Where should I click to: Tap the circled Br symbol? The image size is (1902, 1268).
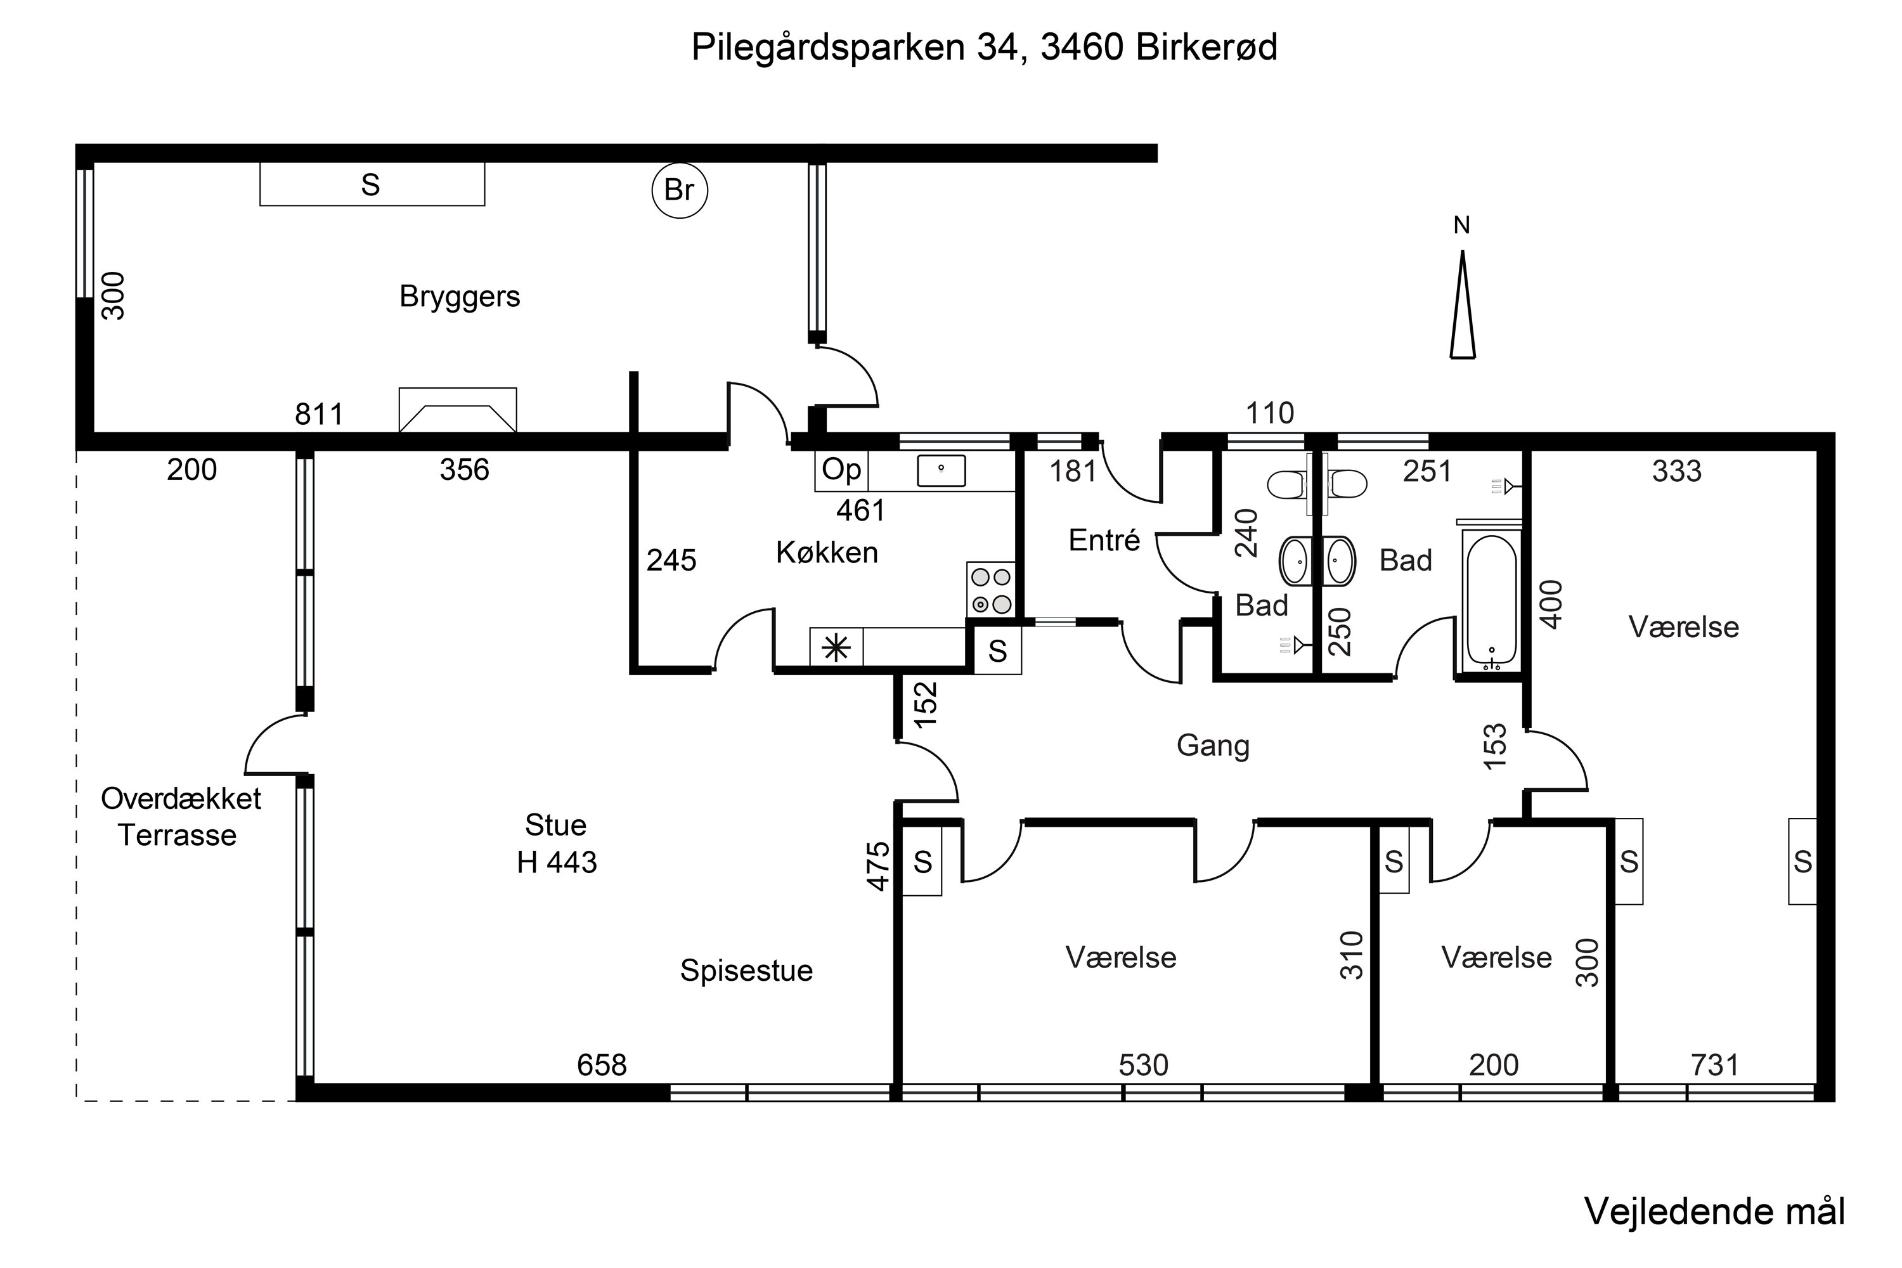[679, 191]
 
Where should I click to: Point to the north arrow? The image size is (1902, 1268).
[1462, 304]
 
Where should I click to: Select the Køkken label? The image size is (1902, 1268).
[827, 552]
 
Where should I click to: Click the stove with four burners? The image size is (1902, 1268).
[990, 590]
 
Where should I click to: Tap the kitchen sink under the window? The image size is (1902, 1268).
[941, 470]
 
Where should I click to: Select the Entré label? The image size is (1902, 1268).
[1104, 540]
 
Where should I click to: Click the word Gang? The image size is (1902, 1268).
[1212, 746]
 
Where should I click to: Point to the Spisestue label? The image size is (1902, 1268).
[746, 971]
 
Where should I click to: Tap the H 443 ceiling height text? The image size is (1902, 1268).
[557, 863]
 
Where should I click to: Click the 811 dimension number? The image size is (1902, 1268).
[319, 415]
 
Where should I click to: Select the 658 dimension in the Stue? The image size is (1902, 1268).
[602, 1066]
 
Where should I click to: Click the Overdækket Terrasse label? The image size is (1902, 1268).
[180, 817]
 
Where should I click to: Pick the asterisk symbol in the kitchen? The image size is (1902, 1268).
[836, 649]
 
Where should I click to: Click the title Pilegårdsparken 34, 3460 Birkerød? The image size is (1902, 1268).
[984, 47]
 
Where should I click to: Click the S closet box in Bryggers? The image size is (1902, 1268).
[372, 184]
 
